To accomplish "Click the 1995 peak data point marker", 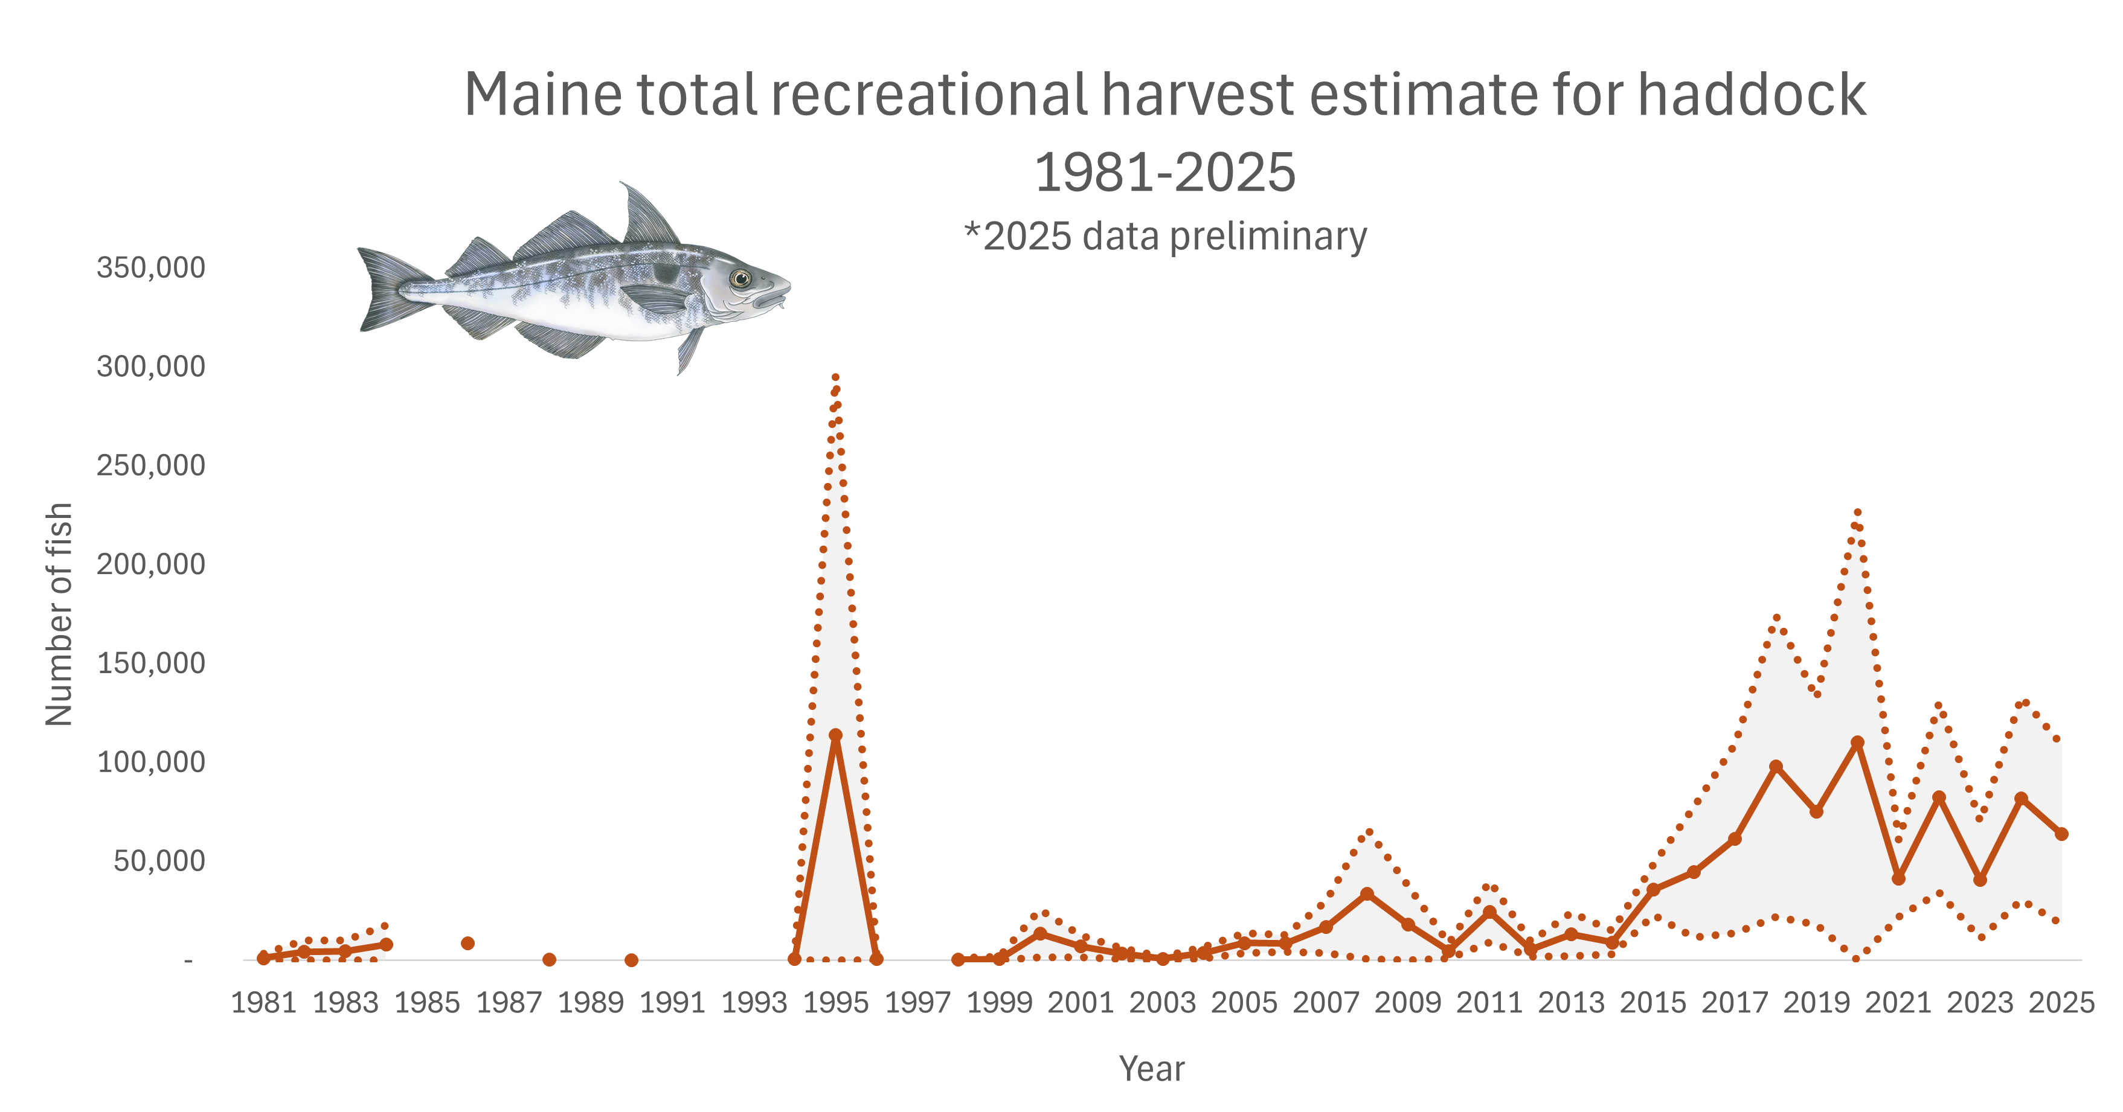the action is [835, 735].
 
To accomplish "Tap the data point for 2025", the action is [2061, 834].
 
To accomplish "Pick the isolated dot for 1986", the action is [467, 943].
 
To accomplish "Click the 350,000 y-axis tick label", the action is [151, 267].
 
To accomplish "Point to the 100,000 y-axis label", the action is [151, 762].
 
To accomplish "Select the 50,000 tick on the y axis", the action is [159, 861].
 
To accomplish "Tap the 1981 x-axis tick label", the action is [264, 1003].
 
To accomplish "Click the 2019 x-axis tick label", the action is [1816, 1003].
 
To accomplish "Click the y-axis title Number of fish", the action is [59, 614].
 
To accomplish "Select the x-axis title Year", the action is [1151, 1069].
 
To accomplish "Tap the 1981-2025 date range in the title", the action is [1164, 173].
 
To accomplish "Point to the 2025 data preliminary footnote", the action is [1165, 237].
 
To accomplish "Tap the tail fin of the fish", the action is [391, 289].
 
